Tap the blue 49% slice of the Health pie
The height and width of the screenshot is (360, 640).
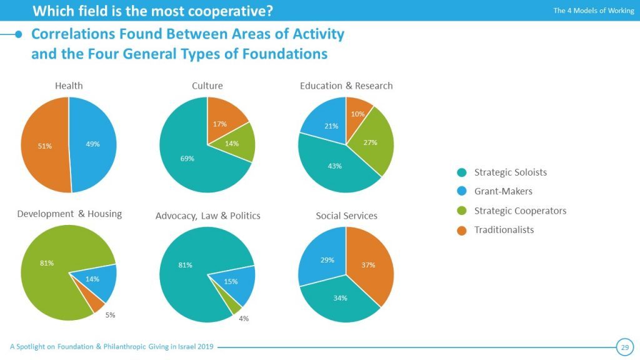click(x=92, y=144)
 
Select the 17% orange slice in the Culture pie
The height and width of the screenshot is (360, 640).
click(x=219, y=124)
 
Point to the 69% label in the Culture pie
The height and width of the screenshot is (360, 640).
click(x=187, y=159)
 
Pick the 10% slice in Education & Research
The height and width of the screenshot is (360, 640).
click(x=357, y=114)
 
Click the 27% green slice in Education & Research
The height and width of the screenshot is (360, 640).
click(x=370, y=142)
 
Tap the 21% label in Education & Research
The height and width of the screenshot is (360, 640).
click(x=331, y=126)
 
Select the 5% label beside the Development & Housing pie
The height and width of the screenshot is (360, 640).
click(x=110, y=315)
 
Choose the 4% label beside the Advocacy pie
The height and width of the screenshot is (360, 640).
click(x=244, y=319)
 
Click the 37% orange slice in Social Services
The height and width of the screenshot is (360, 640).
click(x=368, y=265)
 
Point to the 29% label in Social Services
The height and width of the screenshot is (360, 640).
click(x=327, y=260)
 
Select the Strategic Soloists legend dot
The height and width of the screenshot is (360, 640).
click(x=462, y=172)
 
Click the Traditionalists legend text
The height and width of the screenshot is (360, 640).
click(x=504, y=230)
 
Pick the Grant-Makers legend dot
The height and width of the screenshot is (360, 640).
click(x=462, y=191)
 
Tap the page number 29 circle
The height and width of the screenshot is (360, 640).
click(x=624, y=347)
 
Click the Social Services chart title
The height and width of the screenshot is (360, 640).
click(x=346, y=216)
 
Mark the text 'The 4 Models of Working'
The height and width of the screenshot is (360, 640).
click(x=593, y=11)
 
